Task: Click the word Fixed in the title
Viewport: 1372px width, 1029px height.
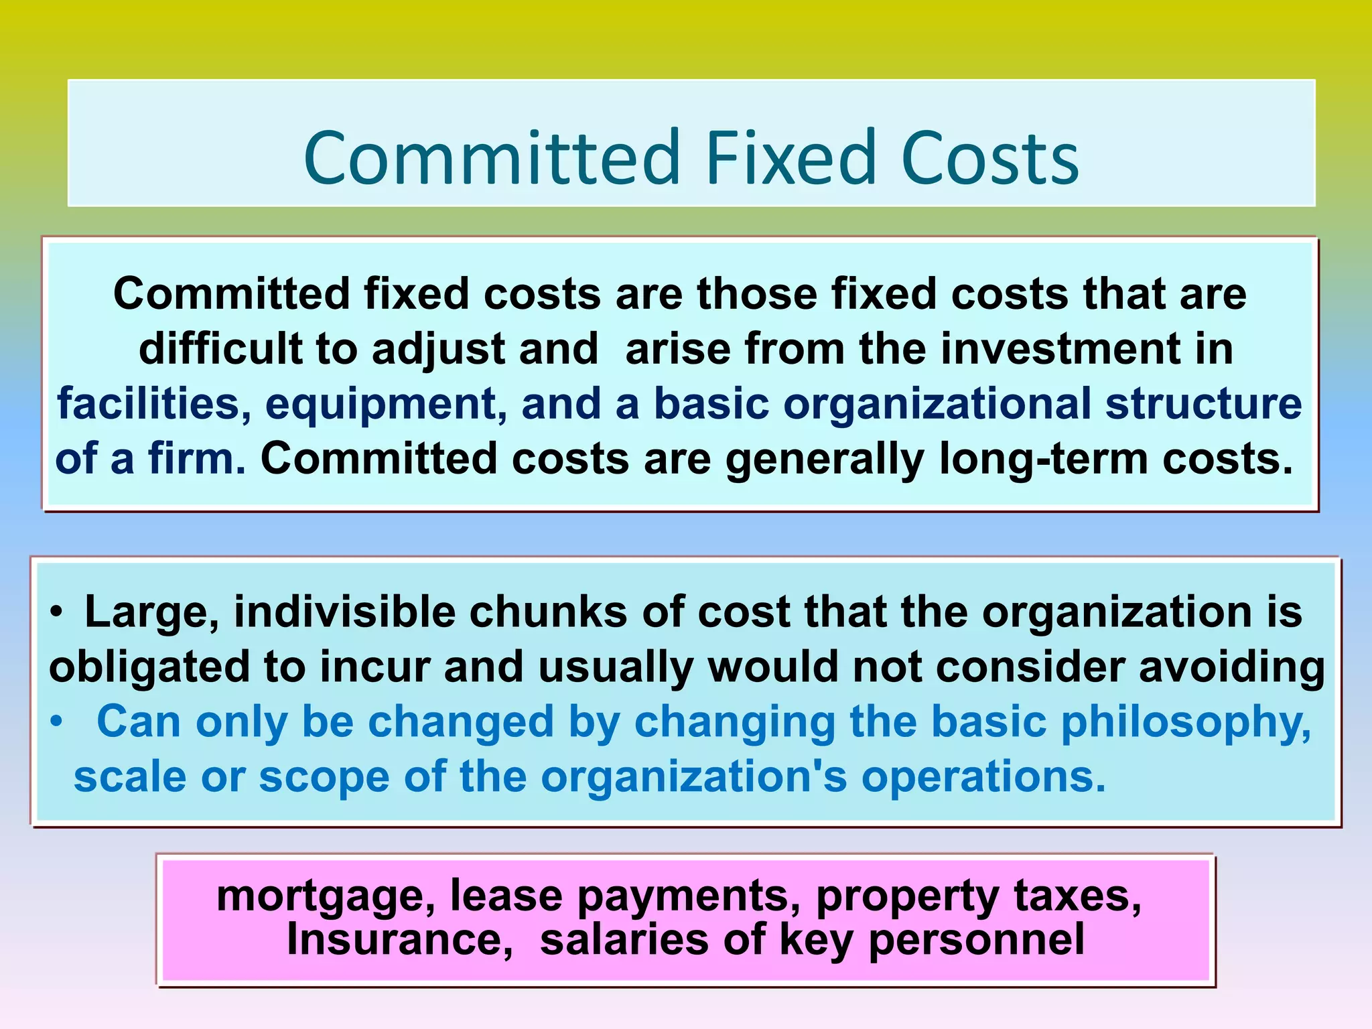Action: [x=790, y=158]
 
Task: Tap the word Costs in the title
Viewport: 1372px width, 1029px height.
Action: [x=989, y=158]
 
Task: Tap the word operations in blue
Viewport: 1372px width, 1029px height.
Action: [x=983, y=777]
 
